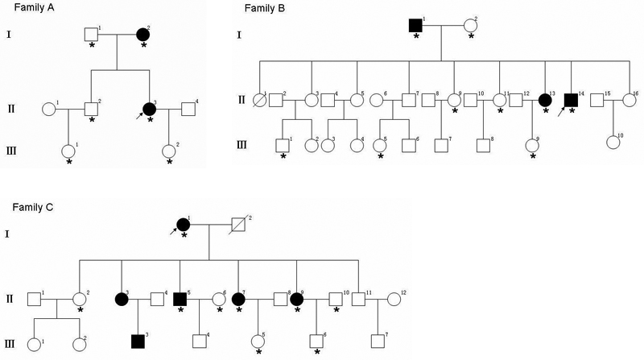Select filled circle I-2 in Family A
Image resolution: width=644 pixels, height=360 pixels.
pyautogui.click(x=143, y=35)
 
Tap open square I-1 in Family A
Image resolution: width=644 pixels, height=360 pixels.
pyautogui.click(x=92, y=35)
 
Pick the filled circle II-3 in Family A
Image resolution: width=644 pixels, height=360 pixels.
pyautogui.click(x=149, y=109)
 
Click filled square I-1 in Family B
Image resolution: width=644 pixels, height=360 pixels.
pyautogui.click(x=415, y=24)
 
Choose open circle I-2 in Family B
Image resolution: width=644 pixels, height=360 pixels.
pyautogui.click(x=469, y=24)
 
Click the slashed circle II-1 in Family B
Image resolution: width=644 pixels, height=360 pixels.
pyautogui.click(x=261, y=100)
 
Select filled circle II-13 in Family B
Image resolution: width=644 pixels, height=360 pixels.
pyautogui.click(x=545, y=100)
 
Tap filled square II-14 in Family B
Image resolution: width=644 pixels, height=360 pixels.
pyautogui.click(x=571, y=100)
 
